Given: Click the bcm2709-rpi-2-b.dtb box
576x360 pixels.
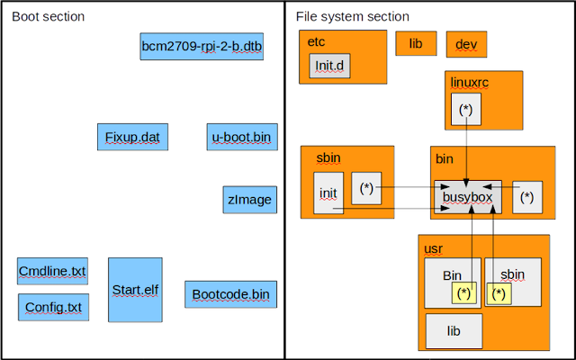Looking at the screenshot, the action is coord(202,46).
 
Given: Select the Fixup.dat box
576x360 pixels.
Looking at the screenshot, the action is coord(132,137).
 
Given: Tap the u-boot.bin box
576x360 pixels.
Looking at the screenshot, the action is coord(242,137).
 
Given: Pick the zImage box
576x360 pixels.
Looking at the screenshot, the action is coord(250,200).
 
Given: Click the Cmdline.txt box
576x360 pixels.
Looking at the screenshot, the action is coord(52,271).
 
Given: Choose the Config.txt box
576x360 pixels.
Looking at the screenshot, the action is coord(54,307).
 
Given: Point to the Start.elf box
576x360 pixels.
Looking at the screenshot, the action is coord(135,290).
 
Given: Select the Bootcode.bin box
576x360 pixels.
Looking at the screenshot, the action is coord(230,294).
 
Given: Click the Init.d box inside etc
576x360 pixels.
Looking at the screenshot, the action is coord(330,66).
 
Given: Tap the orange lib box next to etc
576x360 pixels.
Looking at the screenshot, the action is coord(416,43).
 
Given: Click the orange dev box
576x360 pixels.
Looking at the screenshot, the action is coord(466,44).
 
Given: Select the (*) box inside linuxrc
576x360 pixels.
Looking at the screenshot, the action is coord(466,109).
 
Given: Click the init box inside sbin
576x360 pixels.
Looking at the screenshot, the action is coord(328,193).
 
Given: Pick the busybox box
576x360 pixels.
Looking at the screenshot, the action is coord(468,197).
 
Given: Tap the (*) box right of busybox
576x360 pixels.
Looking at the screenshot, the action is coord(527,197).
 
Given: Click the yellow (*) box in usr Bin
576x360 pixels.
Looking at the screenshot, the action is coord(464,293).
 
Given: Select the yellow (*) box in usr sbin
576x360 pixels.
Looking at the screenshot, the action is coord(499,293).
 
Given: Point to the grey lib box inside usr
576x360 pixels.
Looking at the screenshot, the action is coord(454,331).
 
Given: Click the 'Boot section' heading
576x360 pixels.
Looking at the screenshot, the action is coord(48,16).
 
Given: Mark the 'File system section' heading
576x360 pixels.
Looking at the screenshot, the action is coord(353,16).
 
